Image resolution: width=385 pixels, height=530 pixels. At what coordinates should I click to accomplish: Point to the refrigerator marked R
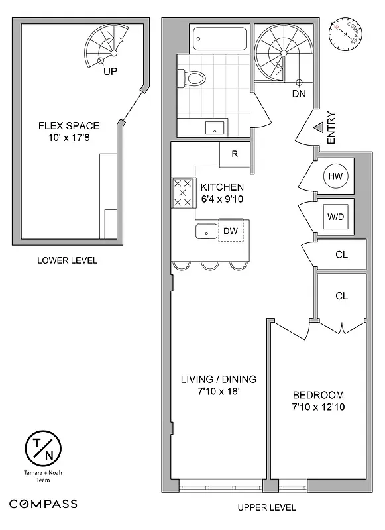coord(235,154)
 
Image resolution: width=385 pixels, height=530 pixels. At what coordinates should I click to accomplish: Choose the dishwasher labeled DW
coord(231,231)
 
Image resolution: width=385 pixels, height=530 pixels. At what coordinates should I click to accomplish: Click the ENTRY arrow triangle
coord(318,126)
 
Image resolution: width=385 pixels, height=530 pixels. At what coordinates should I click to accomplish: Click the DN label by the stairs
coord(299,94)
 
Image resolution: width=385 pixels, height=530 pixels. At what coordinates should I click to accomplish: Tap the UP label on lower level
coord(110,70)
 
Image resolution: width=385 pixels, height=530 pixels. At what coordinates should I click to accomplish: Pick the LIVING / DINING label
coord(219,379)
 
